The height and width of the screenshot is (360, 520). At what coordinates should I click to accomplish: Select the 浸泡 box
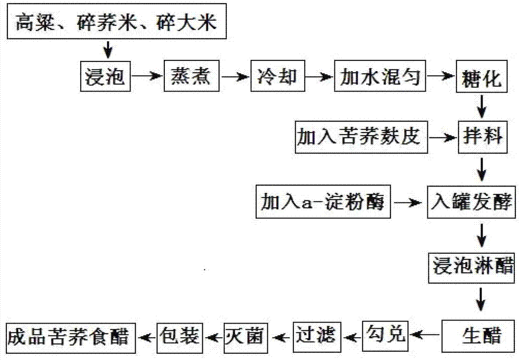point(106,77)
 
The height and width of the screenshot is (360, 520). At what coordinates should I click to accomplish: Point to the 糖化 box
point(482,79)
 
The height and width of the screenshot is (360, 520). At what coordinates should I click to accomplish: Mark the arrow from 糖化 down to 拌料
point(482,108)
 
